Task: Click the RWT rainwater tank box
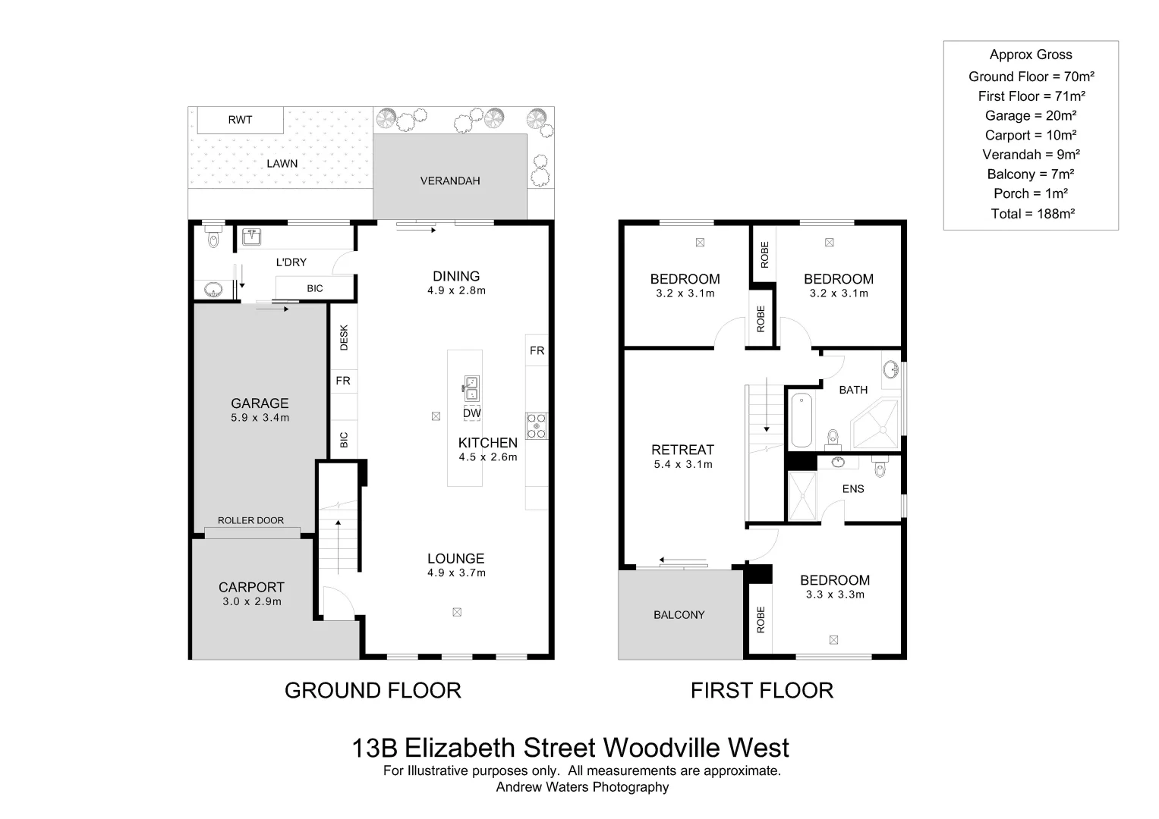(240, 120)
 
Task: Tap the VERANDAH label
(450, 180)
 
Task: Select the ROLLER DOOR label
(250, 520)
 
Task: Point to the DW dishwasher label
(471, 413)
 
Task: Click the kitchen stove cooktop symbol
(537, 425)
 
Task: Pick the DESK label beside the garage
(344, 337)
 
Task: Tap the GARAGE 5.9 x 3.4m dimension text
(260, 418)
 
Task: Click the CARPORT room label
(251, 587)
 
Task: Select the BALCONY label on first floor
(679, 615)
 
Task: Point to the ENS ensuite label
(853, 488)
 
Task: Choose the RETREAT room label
(682, 450)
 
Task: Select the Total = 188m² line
(1032, 214)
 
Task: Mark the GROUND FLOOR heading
(373, 690)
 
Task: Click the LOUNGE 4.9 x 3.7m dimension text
(456, 573)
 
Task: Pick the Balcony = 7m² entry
(1031, 174)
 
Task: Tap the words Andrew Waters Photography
(582, 787)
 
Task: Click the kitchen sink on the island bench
(471, 388)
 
